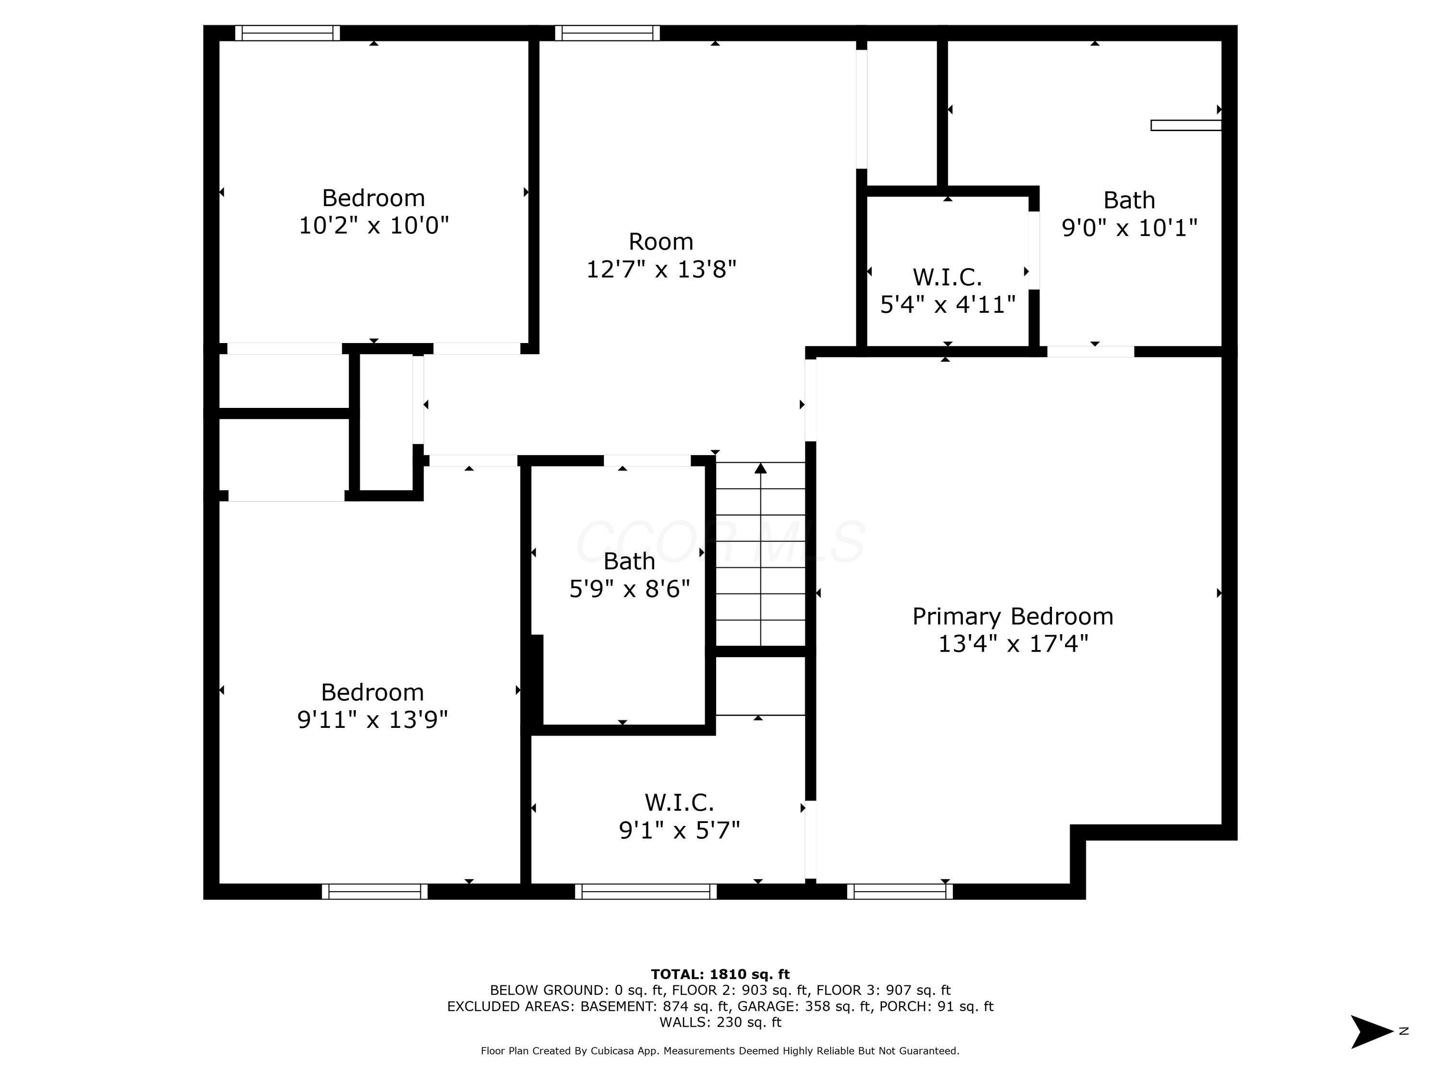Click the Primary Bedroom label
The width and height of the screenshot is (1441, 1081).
[1013, 616]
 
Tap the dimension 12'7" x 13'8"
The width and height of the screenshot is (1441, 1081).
[661, 269]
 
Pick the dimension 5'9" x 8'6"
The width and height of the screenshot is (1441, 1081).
[629, 589]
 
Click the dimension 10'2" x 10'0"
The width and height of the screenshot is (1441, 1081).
[374, 225]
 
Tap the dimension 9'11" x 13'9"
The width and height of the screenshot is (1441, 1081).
[373, 719]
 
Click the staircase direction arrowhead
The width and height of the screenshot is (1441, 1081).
[760, 468]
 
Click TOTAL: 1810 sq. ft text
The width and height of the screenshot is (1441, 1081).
[720, 974]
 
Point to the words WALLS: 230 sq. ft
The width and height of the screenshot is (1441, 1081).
[720, 1022]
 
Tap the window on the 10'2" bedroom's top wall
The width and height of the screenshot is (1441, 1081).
[287, 33]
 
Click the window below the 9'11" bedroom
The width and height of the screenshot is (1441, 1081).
[375, 891]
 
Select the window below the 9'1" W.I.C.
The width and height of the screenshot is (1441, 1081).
[646, 891]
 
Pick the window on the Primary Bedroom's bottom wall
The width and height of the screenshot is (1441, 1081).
[900, 891]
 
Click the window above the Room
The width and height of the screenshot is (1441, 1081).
[607, 33]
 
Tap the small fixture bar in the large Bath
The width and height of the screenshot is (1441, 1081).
[1185, 125]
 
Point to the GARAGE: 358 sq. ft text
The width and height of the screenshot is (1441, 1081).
[804, 1006]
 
